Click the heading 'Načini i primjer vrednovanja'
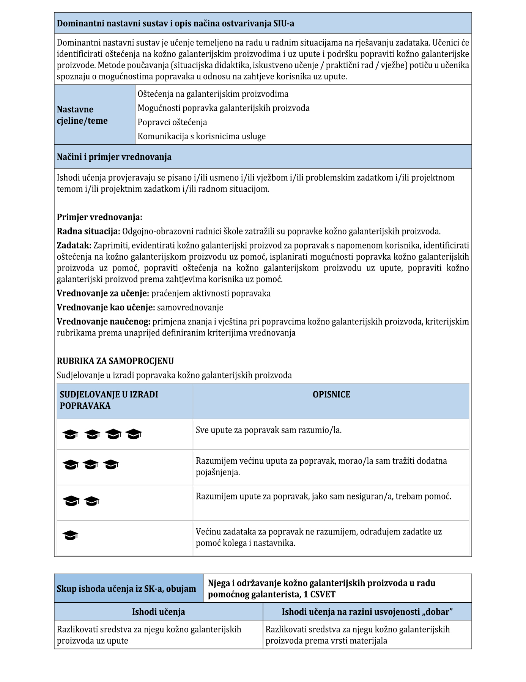click(114, 157)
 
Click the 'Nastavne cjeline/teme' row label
click(82, 115)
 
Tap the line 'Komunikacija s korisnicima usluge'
click(202, 136)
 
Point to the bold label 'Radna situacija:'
click(88, 231)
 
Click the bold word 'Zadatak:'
click(74, 245)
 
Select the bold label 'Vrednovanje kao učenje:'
click(106, 307)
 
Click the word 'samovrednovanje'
click(190, 307)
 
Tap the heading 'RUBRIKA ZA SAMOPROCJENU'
click(115, 361)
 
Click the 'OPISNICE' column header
click(331, 394)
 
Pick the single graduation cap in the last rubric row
click(71, 535)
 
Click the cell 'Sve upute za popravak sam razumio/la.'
click(269, 430)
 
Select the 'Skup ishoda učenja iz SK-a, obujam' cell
click(126, 589)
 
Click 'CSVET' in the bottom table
click(323, 594)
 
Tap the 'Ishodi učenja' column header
click(158, 612)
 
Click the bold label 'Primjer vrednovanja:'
click(99, 217)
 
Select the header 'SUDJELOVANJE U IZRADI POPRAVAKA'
click(109, 400)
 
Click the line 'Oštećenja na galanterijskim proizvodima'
click(213, 94)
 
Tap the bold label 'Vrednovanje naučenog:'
click(104, 321)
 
